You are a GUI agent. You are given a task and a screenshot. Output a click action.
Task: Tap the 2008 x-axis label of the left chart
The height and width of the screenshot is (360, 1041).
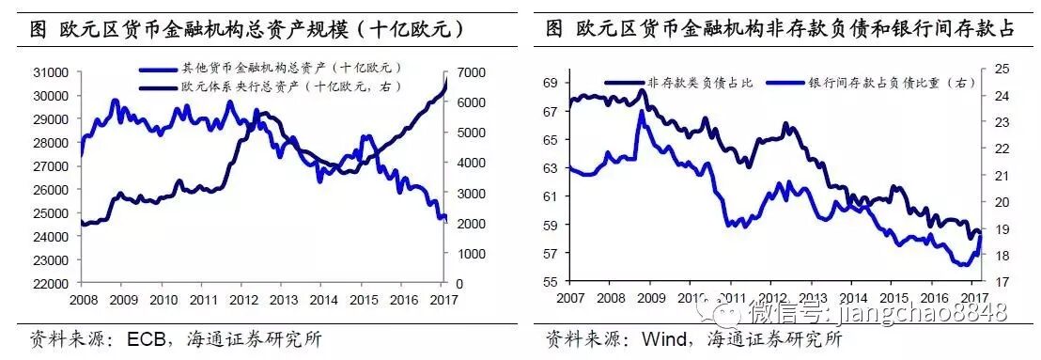[x=83, y=299]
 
